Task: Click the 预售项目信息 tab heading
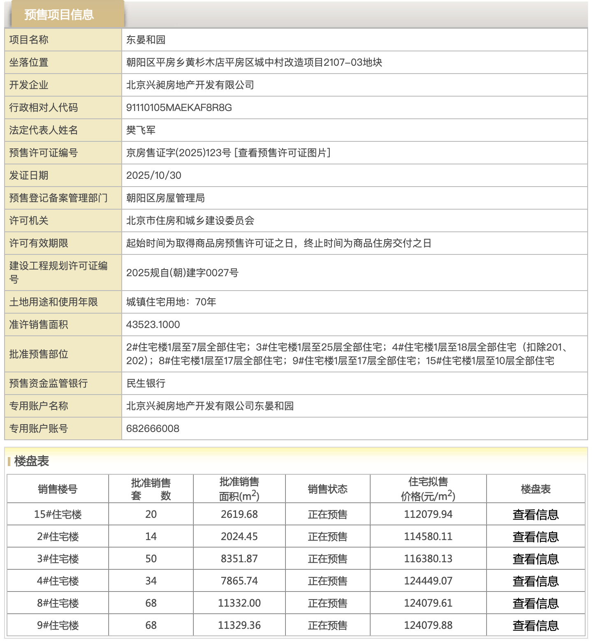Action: [59, 15]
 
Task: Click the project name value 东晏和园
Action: [146, 40]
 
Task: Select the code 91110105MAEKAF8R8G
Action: [179, 108]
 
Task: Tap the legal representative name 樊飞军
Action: [141, 130]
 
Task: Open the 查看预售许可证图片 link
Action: [283, 153]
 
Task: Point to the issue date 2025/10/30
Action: [153, 176]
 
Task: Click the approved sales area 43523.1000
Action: [153, 325]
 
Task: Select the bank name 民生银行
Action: [146, 383]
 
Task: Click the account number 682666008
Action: [153, 429]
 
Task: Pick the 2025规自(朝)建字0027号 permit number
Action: [182, 273]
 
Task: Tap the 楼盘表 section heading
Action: [32, 461]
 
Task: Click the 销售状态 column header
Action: [327, 489]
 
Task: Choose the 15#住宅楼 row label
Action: [58, 514]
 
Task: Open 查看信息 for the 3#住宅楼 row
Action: [535, 559]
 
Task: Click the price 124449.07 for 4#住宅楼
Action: [428, 581]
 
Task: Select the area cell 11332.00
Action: [239, 603]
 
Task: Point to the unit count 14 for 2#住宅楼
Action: [151, 536]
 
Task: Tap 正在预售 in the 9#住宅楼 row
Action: [327, 625]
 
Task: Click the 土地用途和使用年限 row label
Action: [53, 302]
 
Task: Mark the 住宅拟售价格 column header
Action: [428, 489]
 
